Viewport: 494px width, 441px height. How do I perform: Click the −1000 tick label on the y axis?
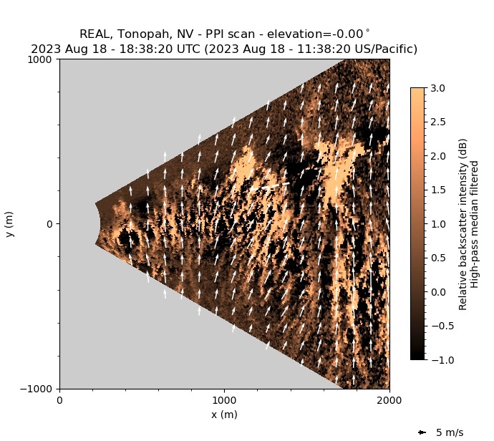coord(39,389)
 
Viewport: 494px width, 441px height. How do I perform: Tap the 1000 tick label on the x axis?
coord(224,401)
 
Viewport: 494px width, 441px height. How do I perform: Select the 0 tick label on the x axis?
coord(59,401)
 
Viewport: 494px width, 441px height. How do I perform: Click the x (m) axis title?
coord(224,415)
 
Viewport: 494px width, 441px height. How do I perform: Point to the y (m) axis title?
coord(10,224)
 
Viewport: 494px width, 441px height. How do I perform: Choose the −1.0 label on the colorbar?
coord(440,360)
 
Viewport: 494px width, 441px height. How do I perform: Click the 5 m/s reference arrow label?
coord(450,432)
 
